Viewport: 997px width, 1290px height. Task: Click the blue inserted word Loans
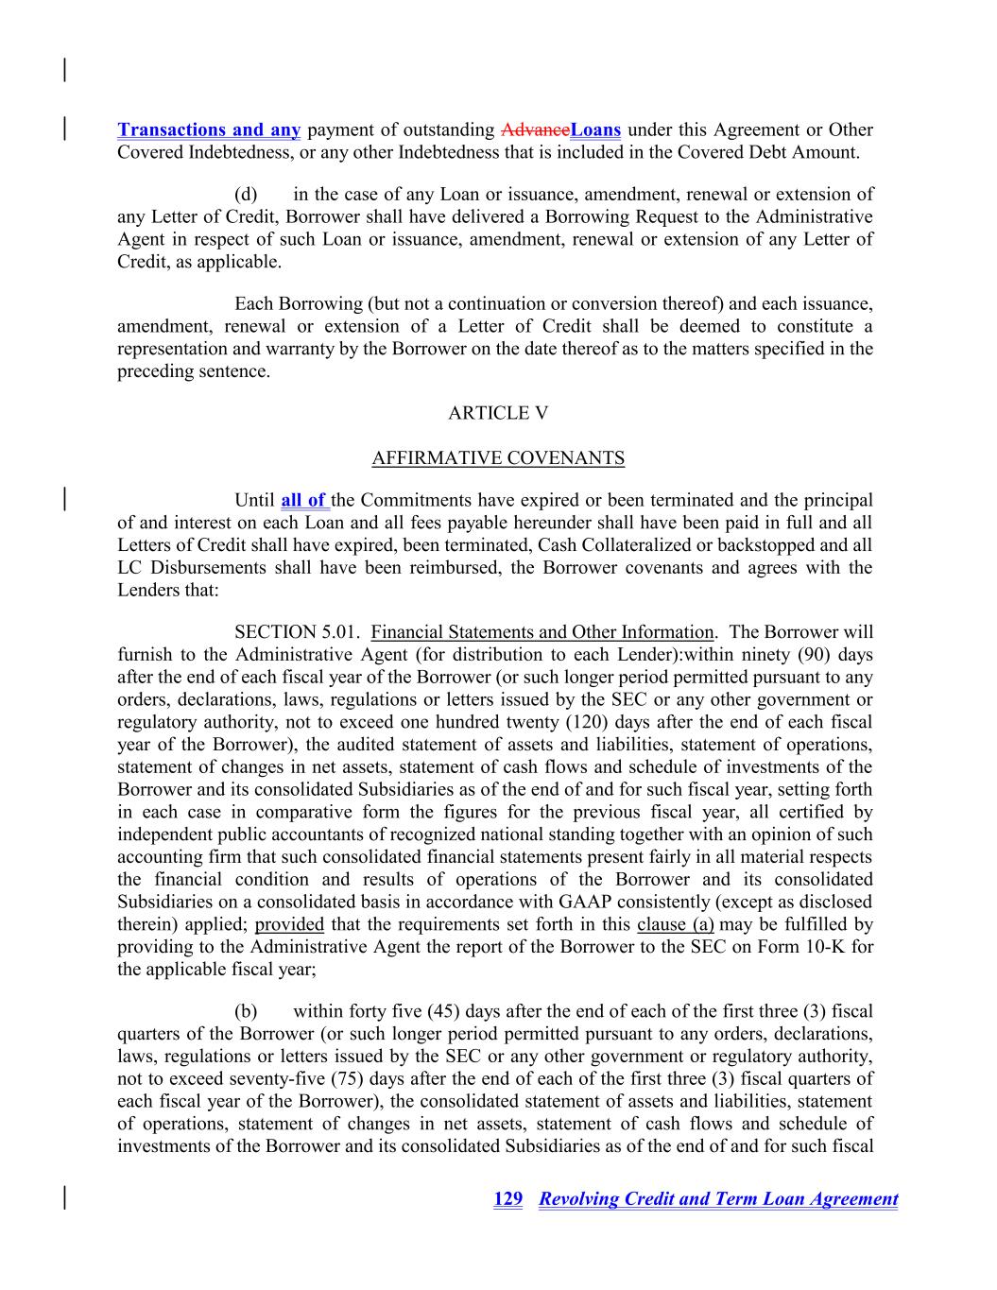596,129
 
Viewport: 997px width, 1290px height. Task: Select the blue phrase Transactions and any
209,129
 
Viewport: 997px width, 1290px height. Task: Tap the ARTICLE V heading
498,413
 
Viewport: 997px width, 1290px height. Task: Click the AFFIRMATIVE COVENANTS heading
498,458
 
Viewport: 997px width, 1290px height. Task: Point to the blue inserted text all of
303,500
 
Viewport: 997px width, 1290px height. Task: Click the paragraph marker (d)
246,194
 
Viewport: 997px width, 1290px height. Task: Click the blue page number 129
508,1199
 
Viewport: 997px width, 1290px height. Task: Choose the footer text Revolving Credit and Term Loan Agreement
718,1199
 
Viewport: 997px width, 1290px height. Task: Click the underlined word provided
289,924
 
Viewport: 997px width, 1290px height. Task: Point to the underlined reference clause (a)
676,924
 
